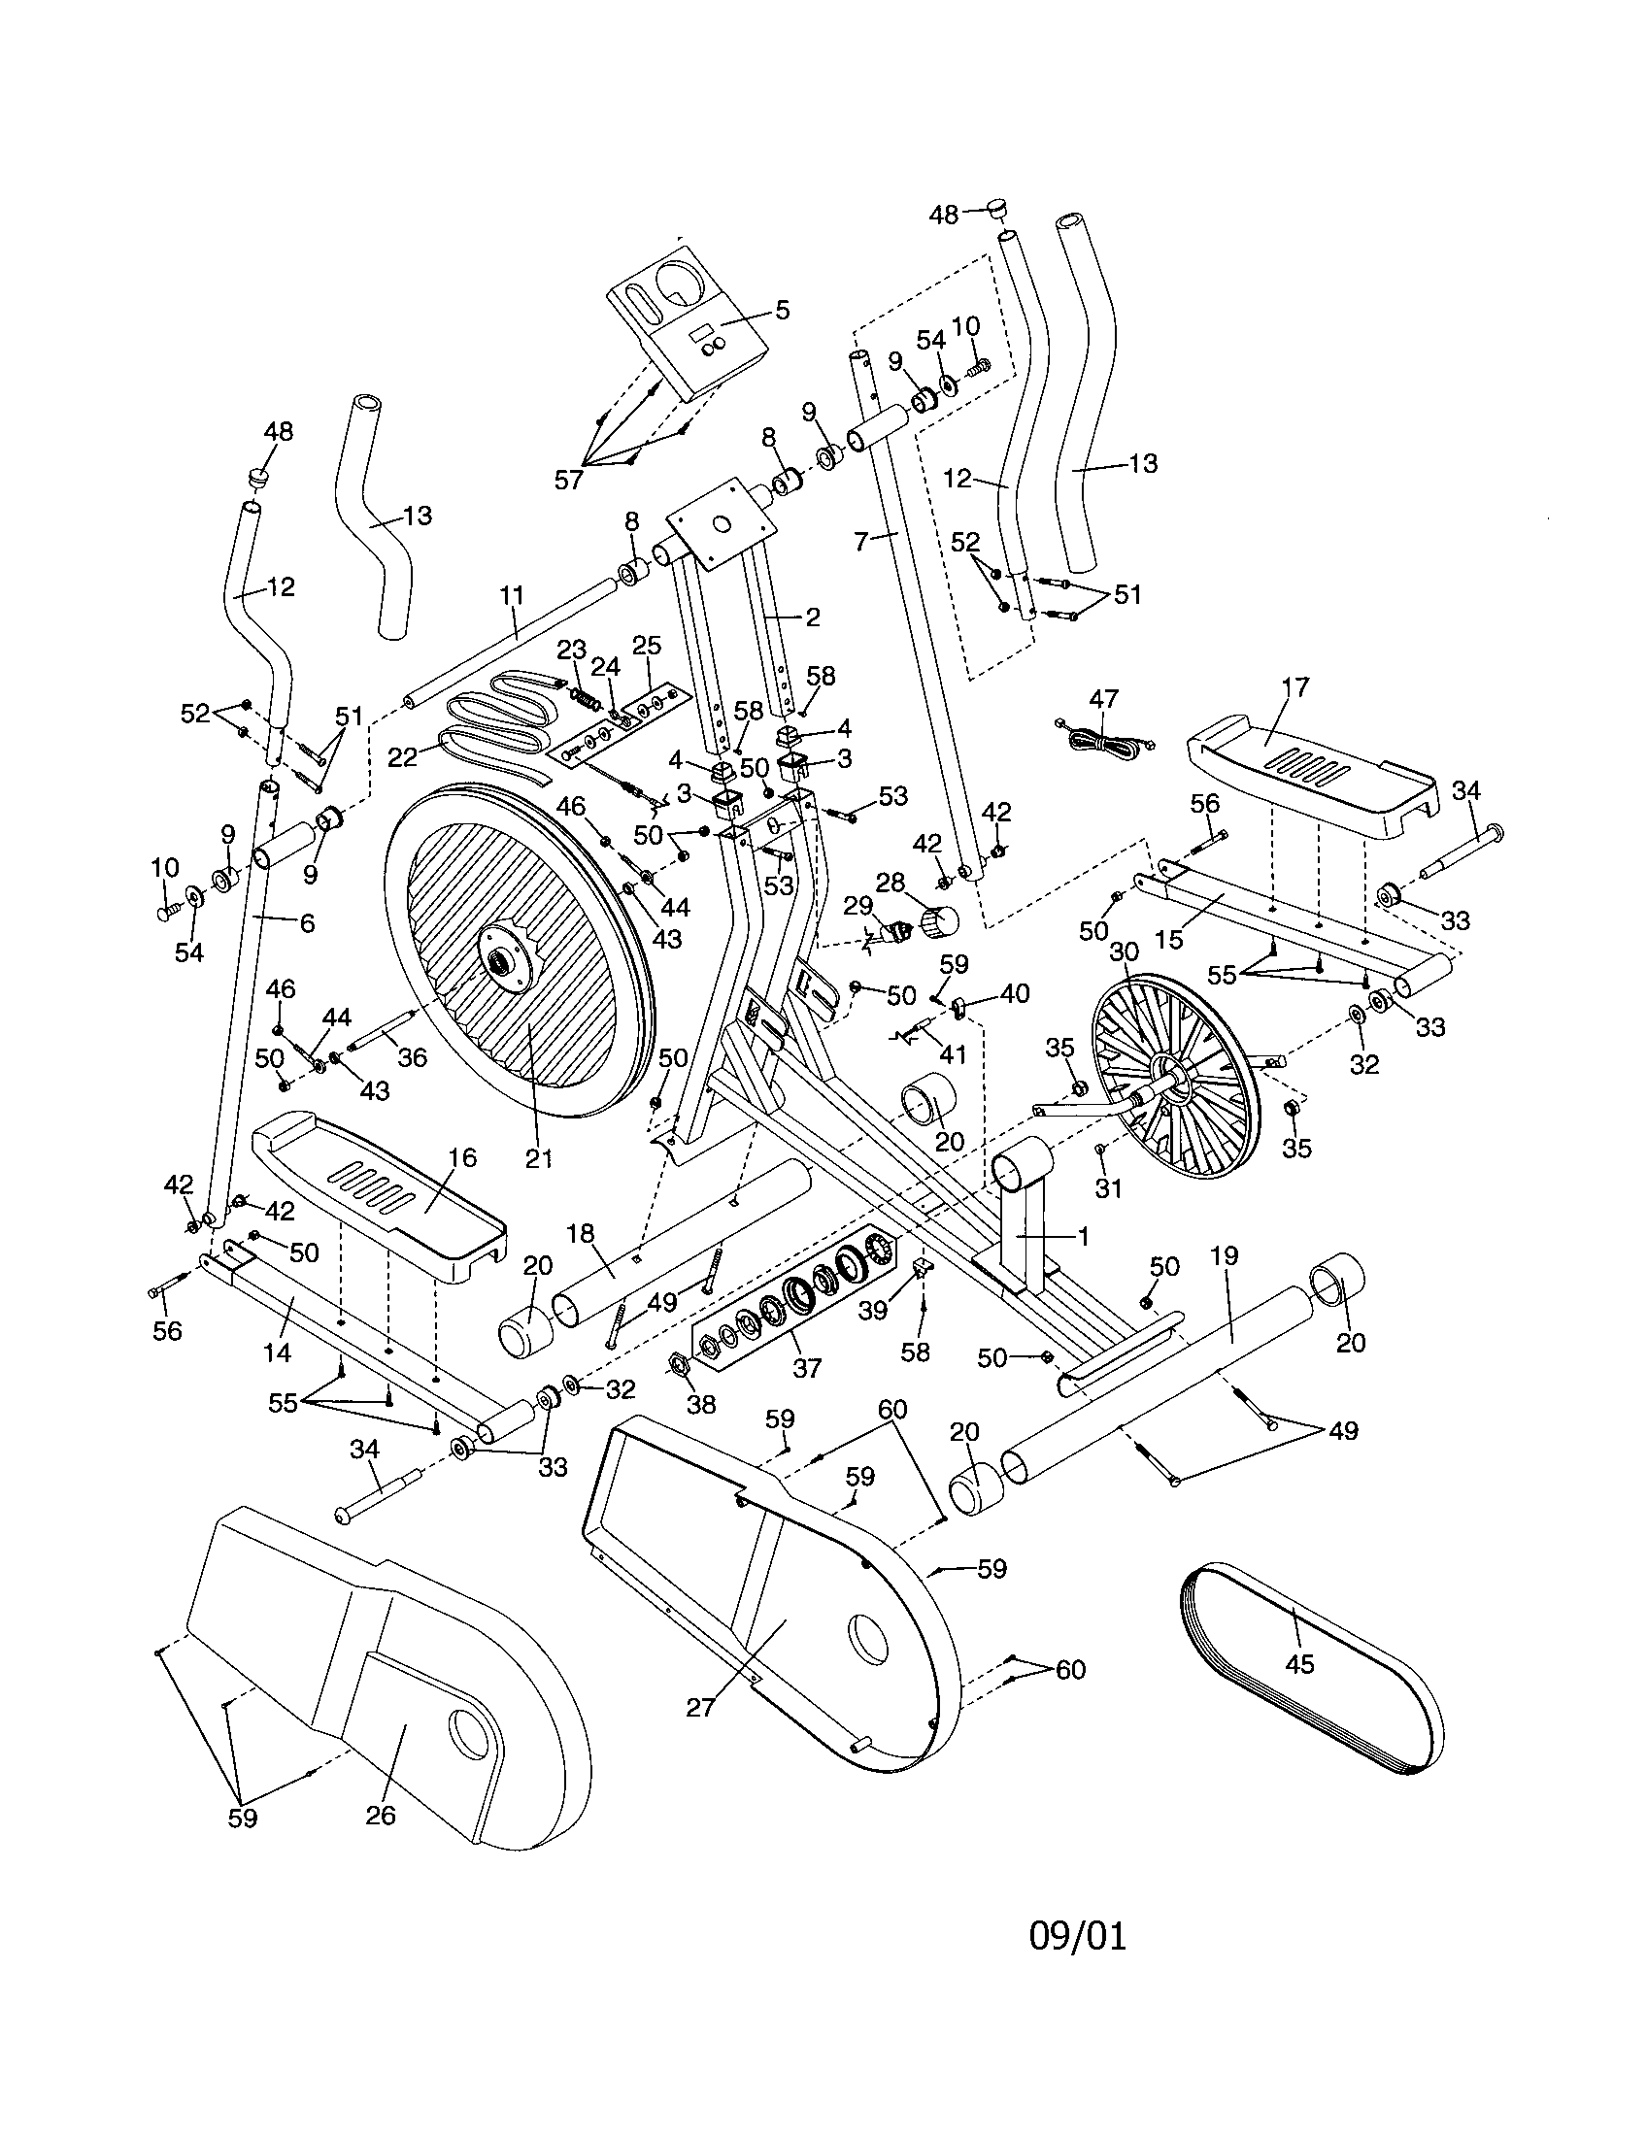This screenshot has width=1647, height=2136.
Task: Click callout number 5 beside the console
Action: click(x=781, y=310)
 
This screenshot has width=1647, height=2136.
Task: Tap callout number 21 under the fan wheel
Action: click(x=539, y=1159)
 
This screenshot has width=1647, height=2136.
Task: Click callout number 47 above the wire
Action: click(x=1103, y=699)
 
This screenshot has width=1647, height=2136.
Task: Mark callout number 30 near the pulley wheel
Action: click(x=1125, y=951)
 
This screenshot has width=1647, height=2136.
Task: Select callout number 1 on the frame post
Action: click(x=1082, y=1236)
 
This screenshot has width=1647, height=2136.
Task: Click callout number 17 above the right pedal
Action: click(x=1294, y=687)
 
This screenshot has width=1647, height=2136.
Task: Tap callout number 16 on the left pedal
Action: click(x=461, y=1158)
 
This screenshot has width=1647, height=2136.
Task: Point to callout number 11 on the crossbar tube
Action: click(x=512, y=594)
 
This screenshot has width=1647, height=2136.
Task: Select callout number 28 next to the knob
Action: click(x=890, y=884)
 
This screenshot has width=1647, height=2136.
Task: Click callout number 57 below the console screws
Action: click(x=568, y=480)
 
